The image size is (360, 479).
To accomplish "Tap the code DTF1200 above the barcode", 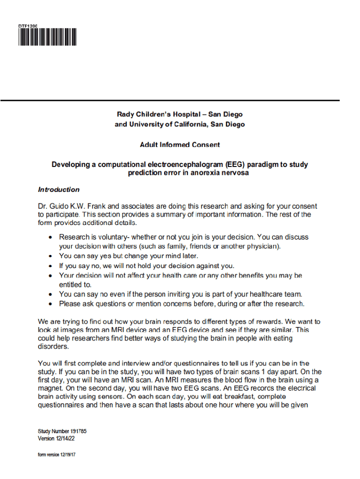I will click(x=28, y=25).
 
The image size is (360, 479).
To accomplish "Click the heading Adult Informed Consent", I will click(x=180, y=145).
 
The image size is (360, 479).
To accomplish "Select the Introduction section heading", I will click(x=58, y=189).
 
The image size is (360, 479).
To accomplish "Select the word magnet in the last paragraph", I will click(x=50, y=388).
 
